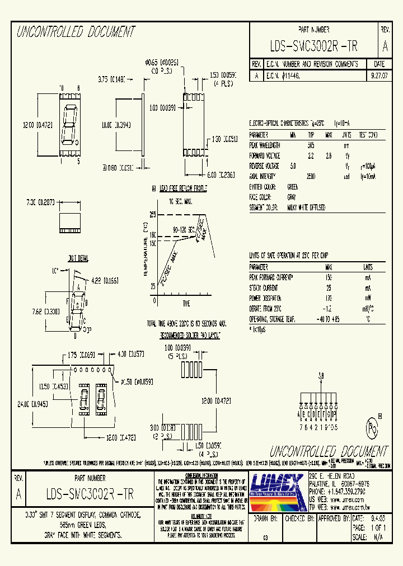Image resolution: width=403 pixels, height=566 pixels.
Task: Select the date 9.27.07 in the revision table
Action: (x=378, y=74)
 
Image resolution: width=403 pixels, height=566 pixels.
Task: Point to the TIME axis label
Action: (x=186, y=303)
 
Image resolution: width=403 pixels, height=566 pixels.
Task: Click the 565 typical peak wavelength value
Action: (x=311, y=145)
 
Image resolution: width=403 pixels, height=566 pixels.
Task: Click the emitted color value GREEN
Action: (x=292, y=187)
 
